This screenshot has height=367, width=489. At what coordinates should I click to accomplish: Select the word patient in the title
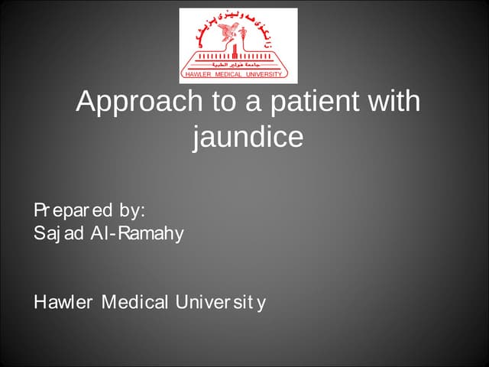pos(316,102)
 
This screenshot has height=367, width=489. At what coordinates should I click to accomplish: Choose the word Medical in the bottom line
pos(136,303)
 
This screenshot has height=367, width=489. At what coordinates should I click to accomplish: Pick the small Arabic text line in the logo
pos(238,67)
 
